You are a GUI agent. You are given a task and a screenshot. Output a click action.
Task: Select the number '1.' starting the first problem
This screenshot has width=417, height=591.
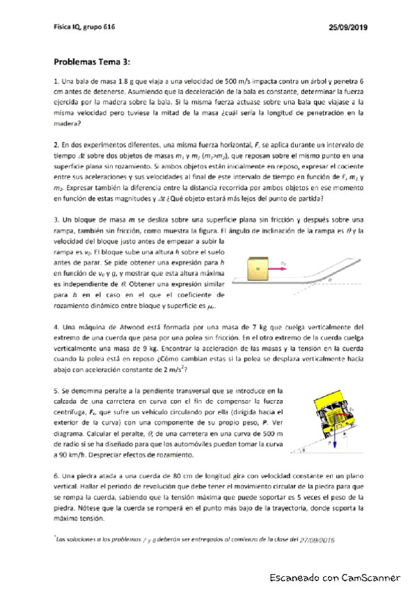click(x=56, y=82)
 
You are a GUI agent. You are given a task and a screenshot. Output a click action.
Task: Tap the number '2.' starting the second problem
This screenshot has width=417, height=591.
click(x=56, y=144)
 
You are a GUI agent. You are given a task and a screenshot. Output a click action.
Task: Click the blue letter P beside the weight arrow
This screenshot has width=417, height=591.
click(x=329, y=442)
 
